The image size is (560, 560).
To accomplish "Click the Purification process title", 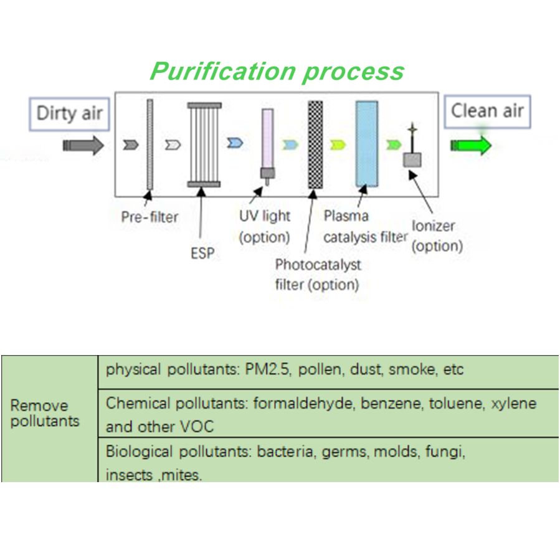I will click(277, 71).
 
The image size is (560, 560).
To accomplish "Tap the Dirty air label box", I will click(69, 113).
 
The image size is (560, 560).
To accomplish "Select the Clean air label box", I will click(487, 112).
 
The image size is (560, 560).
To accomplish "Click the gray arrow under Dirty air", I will click(83, 146).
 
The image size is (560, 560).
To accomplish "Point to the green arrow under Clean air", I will click(471, 146).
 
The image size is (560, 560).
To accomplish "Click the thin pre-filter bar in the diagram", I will click(149, 145).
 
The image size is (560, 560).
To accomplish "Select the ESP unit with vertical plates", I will click(204, 145).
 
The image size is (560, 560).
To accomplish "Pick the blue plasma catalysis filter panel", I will click(366, 144).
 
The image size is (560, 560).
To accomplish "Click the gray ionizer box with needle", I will click(412, 159).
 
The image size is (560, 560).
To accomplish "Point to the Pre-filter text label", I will click(149, 217).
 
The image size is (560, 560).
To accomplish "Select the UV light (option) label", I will click(265, 227).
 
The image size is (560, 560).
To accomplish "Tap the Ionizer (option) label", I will click(437, 235).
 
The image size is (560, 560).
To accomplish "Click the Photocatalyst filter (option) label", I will click(318, 274).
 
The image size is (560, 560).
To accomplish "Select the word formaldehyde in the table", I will click(293, 403).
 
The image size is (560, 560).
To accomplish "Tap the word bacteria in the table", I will click(285, 452).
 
